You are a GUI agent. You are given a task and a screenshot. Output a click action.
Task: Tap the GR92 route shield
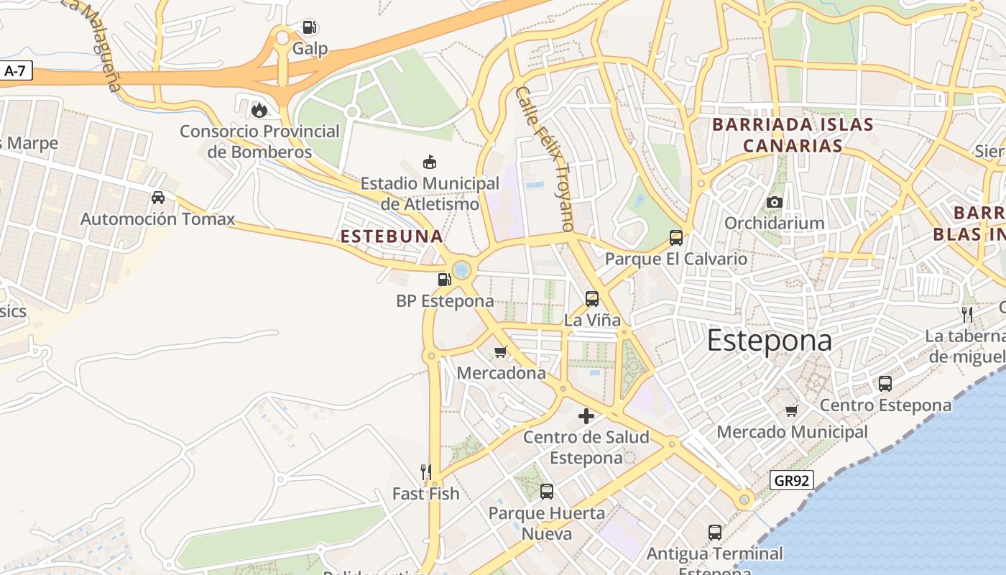point(791,480)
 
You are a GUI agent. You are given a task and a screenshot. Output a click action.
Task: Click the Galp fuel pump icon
point(310,28)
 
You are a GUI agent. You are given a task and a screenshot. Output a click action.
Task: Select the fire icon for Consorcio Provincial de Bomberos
point(259,110)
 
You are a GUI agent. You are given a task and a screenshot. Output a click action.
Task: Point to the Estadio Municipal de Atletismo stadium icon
point(430,162)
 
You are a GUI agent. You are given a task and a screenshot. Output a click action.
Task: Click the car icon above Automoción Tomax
point(158,197)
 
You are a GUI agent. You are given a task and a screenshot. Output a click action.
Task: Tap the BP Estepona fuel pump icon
point(445,279)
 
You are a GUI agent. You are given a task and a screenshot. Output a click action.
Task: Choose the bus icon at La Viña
point(592,298)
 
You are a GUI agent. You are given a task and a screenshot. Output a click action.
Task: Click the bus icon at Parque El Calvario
point(675,237)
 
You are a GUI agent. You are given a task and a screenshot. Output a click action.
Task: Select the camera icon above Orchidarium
point(774,202)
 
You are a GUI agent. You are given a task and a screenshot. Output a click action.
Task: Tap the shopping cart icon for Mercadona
point(501,351)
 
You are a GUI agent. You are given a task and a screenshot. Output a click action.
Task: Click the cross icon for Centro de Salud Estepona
point(586,415)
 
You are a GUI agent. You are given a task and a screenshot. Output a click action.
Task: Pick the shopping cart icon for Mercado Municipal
point(792,410)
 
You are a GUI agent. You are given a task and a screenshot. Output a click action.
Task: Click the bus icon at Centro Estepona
point(885,384)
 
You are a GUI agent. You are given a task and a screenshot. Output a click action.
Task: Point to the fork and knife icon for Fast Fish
point(426,472)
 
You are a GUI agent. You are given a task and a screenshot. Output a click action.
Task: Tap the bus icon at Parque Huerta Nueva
point(547,492)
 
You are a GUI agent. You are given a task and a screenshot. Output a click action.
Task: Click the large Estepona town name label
point(770,340)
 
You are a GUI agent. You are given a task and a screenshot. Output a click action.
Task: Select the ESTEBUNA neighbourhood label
point(392,236)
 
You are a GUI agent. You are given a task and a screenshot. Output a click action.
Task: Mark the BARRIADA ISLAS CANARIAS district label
point(793,135)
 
